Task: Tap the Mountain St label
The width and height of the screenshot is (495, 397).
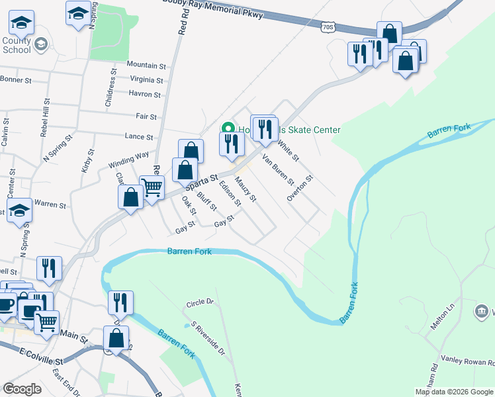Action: [146, 66]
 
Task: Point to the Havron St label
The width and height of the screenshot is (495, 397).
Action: [145, 94]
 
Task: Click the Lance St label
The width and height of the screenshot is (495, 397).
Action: [139, 137]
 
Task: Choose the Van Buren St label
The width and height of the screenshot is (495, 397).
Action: [278, 170]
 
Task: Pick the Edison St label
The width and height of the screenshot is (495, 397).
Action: [230, 194]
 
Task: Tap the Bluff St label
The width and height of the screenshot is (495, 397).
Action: [206, 200]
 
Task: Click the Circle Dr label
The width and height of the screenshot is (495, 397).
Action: [201, 302]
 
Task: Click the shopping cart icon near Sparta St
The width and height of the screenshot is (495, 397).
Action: [152, 188]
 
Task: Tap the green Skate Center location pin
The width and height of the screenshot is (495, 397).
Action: [228, 129]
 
